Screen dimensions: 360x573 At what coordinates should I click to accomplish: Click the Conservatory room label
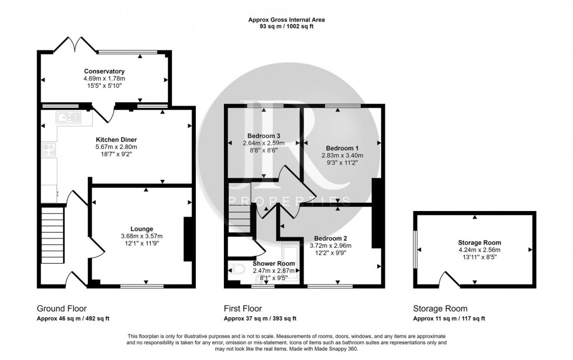coord(104,71)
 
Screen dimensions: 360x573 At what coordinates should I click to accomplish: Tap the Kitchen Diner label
coord(116,140)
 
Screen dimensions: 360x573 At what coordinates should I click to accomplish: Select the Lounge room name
coord(141,229)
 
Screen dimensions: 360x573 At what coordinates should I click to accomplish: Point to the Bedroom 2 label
coord(331,238)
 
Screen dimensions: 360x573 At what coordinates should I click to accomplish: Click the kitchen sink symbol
coord(69,119)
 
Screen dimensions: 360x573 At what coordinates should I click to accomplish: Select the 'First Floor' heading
coord(243,309)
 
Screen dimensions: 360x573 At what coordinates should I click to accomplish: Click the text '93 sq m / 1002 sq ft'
coord(286,27)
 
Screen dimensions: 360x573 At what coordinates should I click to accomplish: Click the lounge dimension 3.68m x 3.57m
coord(141,236)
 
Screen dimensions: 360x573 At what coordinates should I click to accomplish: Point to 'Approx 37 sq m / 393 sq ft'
coord(260,319)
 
